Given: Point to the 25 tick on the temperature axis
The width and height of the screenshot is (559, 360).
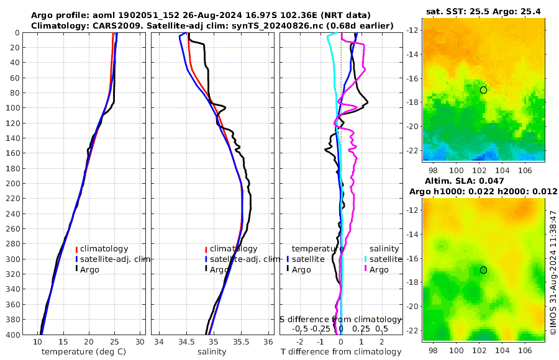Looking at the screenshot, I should [114, 342].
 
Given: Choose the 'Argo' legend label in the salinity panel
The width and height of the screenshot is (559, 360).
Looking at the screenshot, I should [219, 269].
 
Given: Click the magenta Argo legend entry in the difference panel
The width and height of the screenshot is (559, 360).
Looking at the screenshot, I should [379, 269].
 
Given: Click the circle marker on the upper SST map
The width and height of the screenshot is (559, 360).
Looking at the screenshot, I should [483, 90].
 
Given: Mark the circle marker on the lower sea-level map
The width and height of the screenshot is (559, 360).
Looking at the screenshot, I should [483, 270].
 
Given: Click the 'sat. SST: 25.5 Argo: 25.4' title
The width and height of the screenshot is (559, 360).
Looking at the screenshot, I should [483, 11].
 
